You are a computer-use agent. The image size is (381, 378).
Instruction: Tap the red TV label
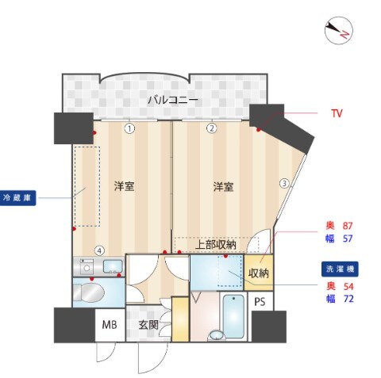click(337, 113)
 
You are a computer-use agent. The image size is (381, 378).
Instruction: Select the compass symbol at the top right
click(339, 29)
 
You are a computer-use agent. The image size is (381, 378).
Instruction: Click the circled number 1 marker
click(129, 128)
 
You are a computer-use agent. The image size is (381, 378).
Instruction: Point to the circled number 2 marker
click(212, 128)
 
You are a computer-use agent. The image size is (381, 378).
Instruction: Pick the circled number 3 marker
click(283, 183)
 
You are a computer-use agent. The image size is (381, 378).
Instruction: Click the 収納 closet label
click(259, 273)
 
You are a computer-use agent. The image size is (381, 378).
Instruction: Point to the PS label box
click(260, 302)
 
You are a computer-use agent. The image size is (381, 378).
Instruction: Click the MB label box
click(110, 324)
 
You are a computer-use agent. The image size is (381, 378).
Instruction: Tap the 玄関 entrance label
click(148, 324)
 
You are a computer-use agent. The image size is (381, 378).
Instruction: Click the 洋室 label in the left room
click(123, 187)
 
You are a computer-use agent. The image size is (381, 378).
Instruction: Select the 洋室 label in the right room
click(223, 187)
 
